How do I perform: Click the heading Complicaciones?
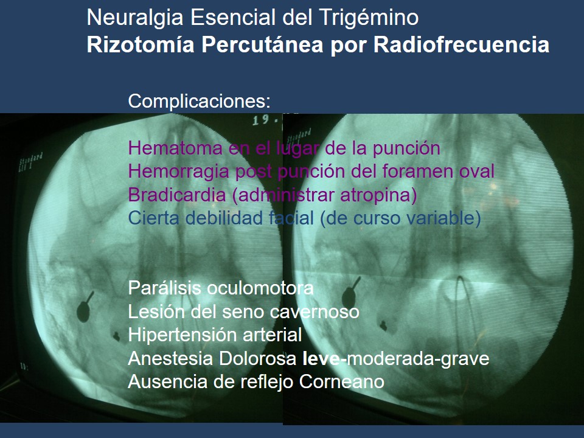[199, 101]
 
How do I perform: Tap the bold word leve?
[324, 359]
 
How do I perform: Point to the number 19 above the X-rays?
[262, 120]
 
